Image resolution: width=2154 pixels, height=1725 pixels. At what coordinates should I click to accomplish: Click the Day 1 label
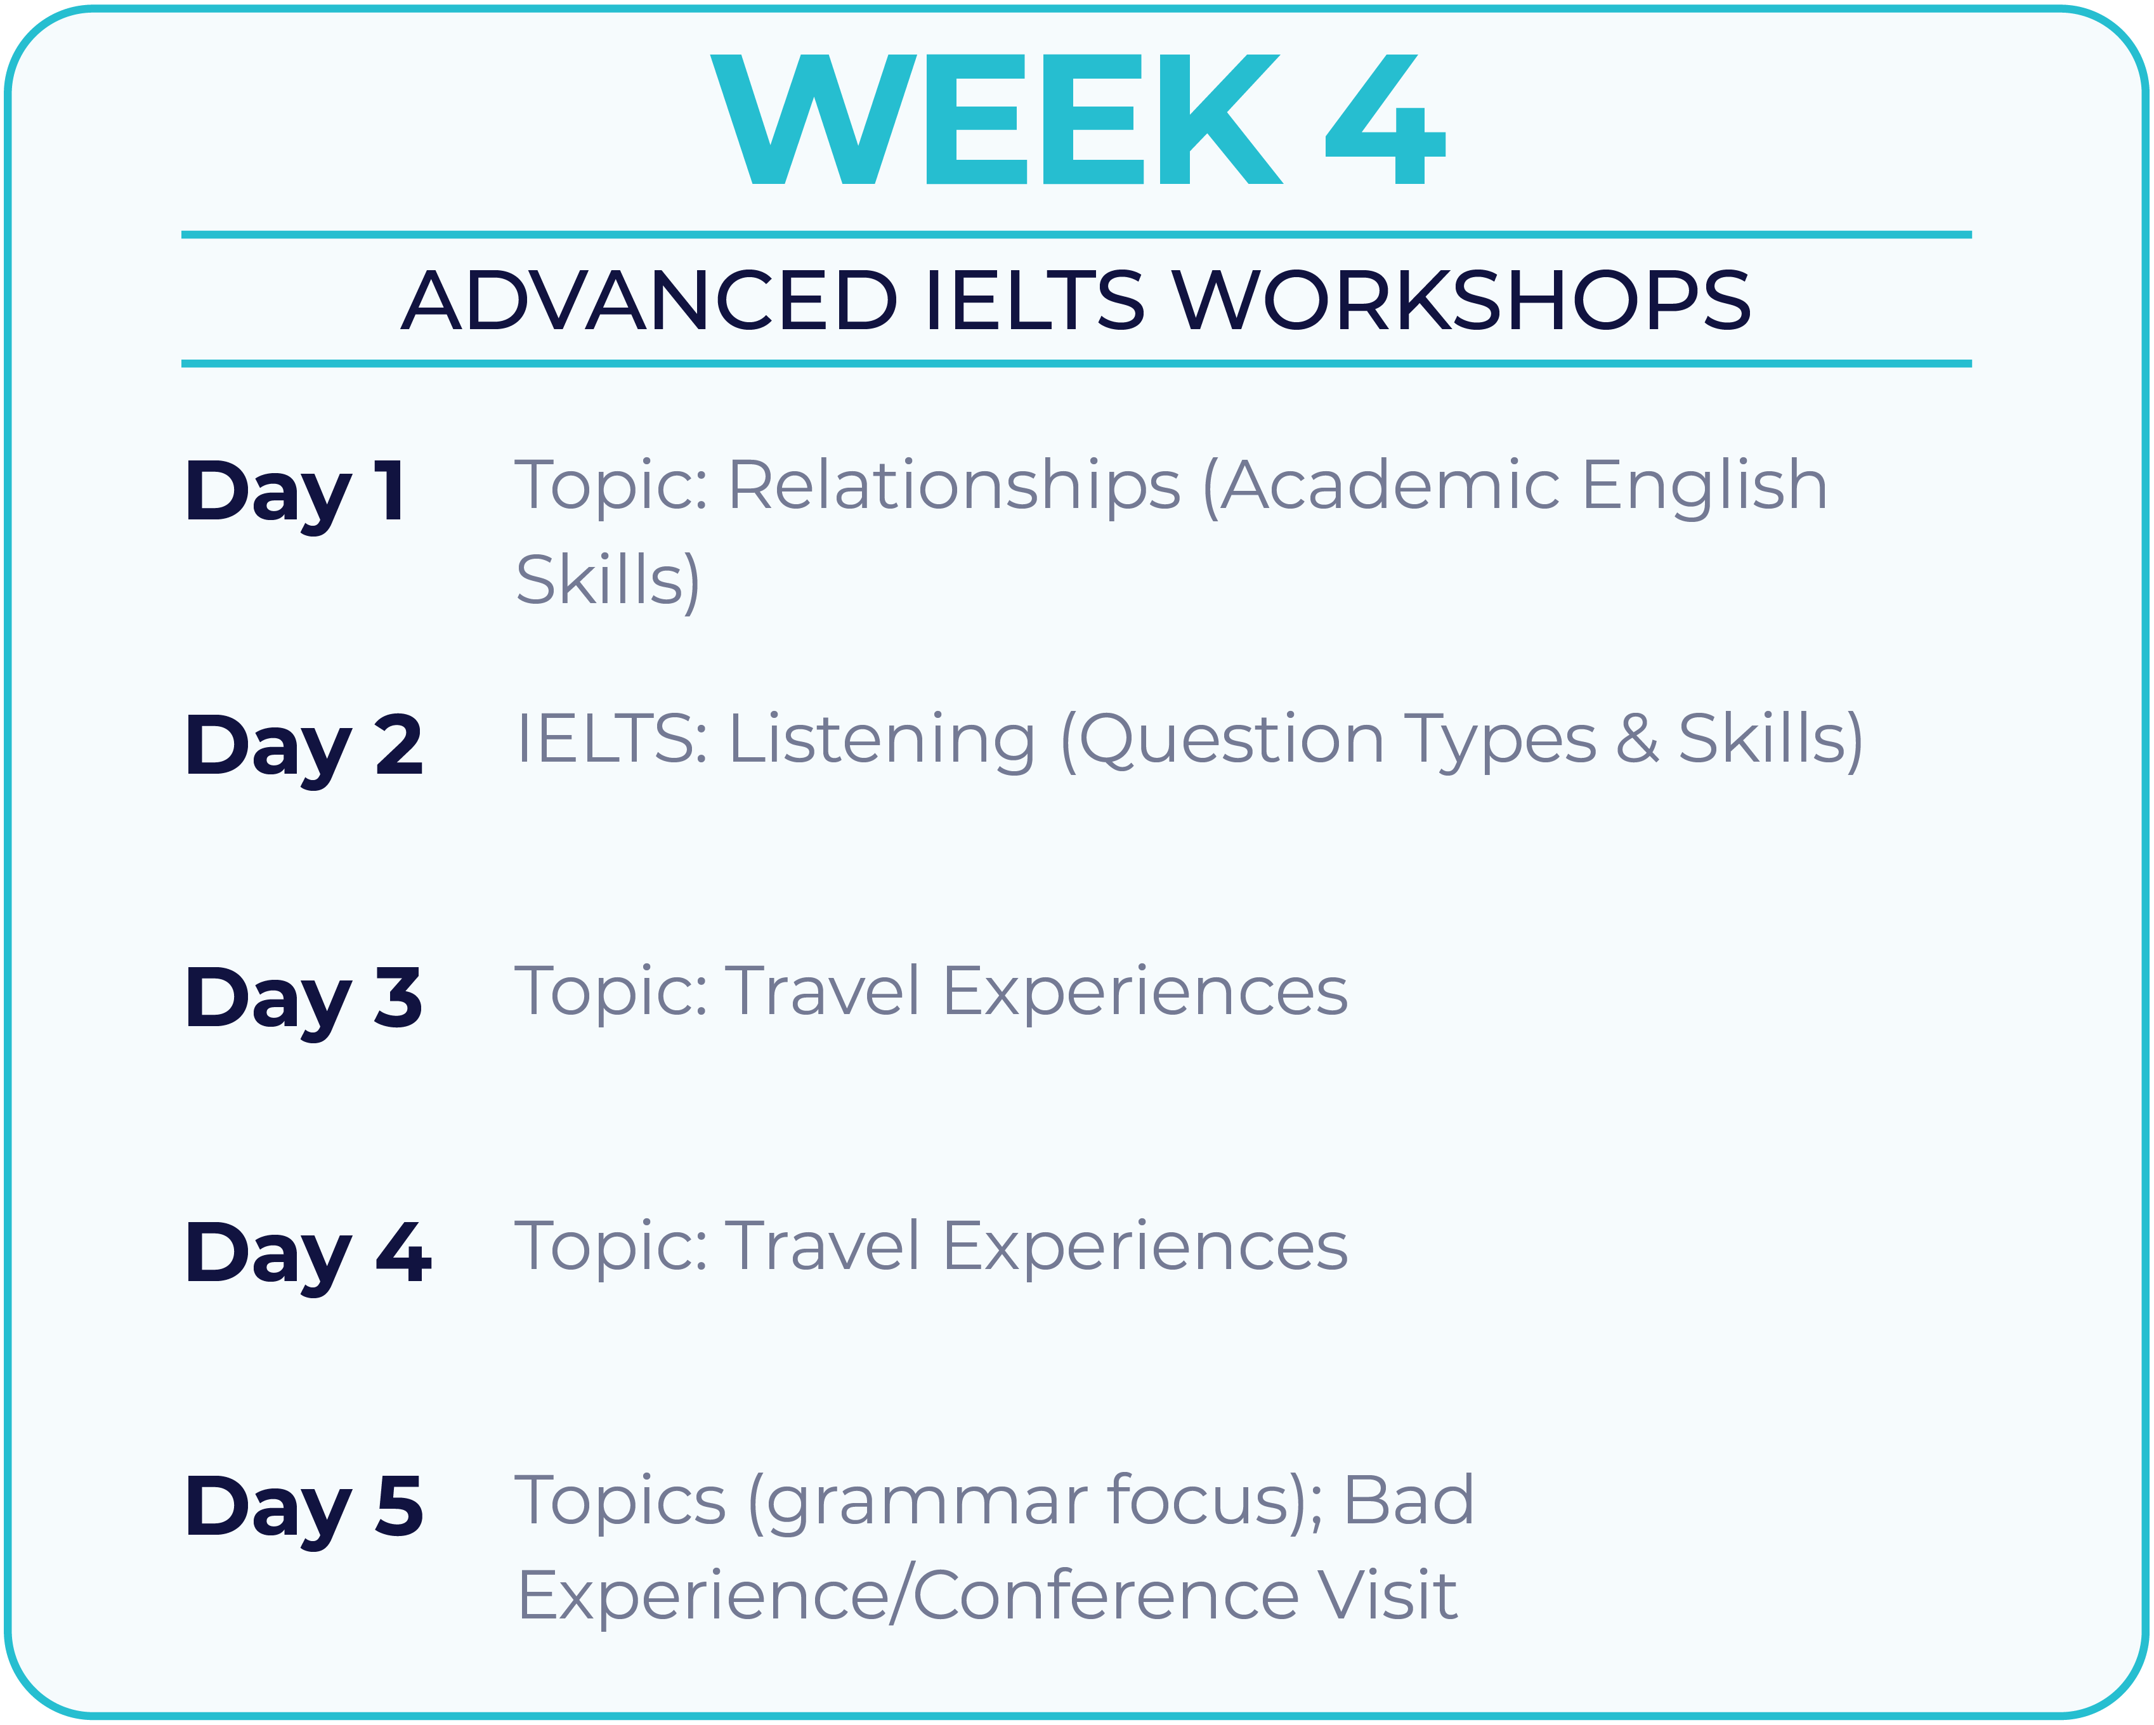[x=295, y=495]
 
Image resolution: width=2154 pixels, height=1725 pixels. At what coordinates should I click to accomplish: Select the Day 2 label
[x=304, y=749]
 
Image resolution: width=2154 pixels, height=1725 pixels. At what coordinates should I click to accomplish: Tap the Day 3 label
[x=304, y=1002]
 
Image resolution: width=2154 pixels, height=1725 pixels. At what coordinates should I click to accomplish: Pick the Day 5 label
[x=304, y=1509]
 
